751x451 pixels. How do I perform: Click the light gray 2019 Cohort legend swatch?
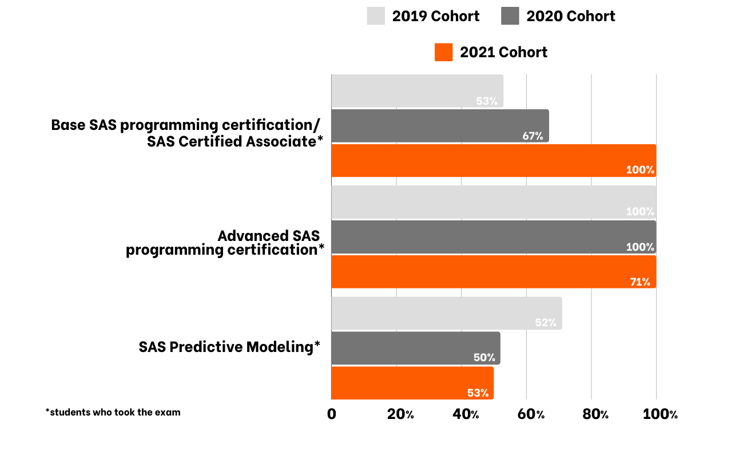[376, 16]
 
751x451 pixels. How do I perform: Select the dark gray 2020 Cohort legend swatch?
[510, 16]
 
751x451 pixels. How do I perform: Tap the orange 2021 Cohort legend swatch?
[443, 52]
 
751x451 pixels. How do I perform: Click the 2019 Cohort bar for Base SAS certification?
[417, 91]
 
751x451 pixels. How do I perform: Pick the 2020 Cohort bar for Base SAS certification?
[440, 126]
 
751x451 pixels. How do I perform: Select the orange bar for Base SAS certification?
[494, 161]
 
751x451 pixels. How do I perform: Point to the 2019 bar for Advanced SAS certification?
[494, 203]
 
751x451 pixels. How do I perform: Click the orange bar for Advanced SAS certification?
[494, 272]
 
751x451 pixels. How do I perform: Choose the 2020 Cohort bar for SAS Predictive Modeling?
[416, 348]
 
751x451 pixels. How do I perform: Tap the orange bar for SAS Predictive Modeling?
[412, 383]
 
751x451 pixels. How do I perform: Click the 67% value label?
[533, 136]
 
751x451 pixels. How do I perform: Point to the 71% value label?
[640, 282]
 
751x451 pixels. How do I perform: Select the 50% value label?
[484, 358]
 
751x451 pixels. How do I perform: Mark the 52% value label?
[546, 322]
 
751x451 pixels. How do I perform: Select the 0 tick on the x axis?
[332, 414]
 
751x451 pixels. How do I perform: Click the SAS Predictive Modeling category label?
[229, 347]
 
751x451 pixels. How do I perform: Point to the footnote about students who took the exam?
[113, 412]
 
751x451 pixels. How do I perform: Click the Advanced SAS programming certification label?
[225, 243]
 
